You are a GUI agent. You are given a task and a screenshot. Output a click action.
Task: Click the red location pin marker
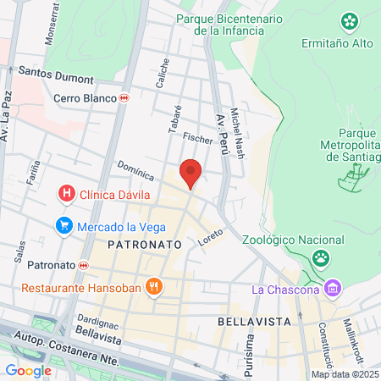(x=191, y=173)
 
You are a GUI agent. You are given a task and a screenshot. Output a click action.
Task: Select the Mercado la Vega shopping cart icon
(x=63, y=226)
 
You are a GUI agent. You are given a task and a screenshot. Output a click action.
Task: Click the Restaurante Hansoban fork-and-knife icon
(x=153, y=286)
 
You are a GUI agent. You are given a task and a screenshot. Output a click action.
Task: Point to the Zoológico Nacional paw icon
(x=320, y=257)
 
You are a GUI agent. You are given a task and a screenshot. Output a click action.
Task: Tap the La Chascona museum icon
(x=333, y=290)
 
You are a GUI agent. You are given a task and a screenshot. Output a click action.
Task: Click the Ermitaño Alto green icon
(x=349, y=20)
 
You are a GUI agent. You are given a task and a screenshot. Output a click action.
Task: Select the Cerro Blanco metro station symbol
(x=124, y=97)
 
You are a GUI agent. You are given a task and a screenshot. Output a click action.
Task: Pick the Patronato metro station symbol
(x=83, y=265)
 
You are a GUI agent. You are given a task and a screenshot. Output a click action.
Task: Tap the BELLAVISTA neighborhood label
(x=254, y=322)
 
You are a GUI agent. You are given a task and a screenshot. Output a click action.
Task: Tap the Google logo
(x=28, y=369)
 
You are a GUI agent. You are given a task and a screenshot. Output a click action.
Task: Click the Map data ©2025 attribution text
(x=344, y=374)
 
